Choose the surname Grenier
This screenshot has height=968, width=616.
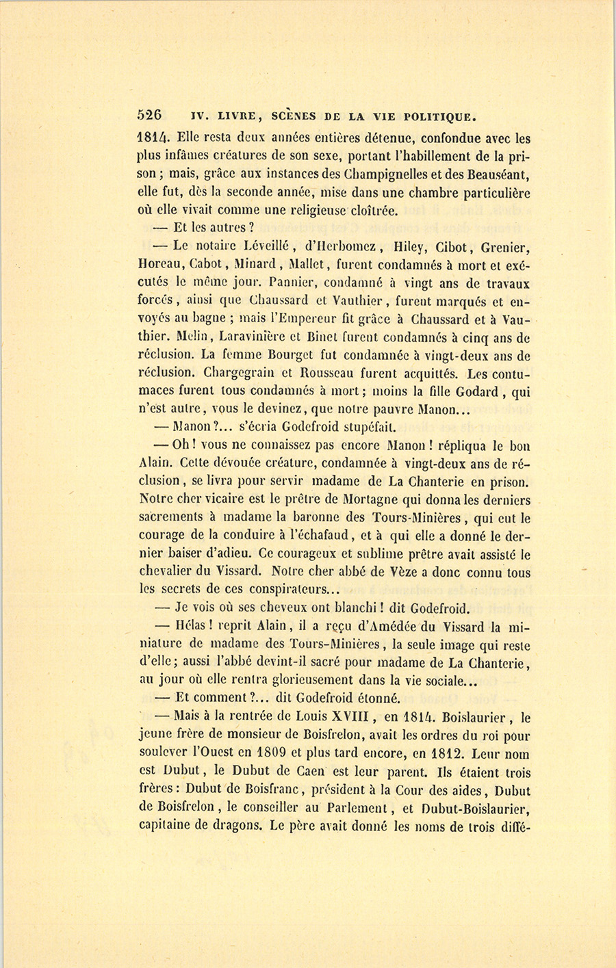505,248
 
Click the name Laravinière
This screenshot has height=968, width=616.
251,337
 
